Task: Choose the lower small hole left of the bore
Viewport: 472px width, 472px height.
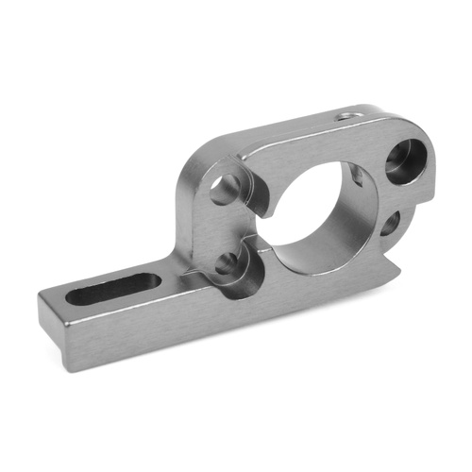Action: pos(226,265)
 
